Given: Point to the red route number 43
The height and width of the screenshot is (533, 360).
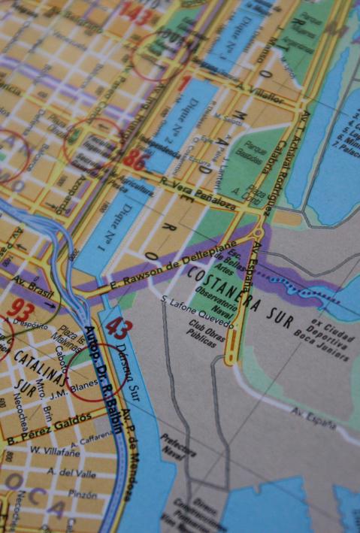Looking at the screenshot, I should [119, 328].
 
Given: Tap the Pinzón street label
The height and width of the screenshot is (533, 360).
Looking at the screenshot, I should [80, 495].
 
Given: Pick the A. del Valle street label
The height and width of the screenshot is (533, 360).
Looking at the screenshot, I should [72, 474].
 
